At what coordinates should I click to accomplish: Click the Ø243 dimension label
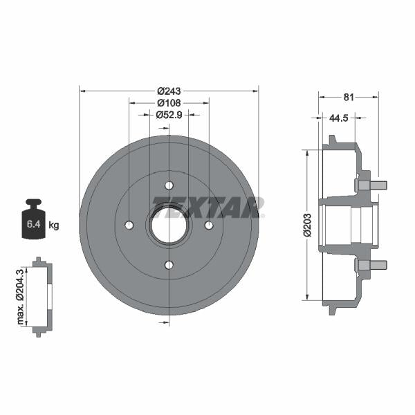(169, 91)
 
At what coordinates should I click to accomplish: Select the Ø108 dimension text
(169, 102)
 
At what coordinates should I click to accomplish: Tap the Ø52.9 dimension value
(169, 115)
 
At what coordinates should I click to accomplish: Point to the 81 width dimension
(349, 97)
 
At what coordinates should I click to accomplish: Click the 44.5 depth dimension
(338, 118)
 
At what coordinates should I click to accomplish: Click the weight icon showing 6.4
(33, 221)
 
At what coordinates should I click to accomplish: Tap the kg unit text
(54, 225)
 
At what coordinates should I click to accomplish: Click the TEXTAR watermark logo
(207, 206)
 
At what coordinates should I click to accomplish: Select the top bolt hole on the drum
(169, 185)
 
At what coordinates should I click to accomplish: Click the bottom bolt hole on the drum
(169, 264)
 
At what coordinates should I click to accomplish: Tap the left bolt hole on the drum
(129, 225)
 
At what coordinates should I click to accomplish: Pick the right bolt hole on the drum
(209, 225)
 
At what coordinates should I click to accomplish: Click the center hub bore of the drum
(169, 225)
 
